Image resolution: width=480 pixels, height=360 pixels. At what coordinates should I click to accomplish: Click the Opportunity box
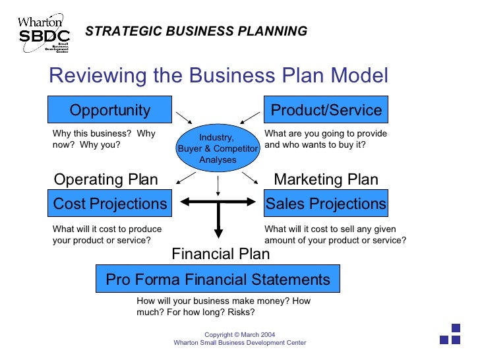110,110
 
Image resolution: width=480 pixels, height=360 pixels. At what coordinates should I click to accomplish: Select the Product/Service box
326,110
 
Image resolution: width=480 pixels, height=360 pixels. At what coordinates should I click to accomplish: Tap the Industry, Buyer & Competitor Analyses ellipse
217,148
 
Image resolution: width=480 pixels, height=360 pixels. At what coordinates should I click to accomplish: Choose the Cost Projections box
110,204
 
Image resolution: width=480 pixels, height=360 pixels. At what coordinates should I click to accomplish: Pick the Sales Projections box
326,204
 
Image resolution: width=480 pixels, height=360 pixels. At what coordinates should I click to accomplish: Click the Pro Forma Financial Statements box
218,280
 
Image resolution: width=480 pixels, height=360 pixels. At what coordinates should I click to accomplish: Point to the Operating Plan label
105,179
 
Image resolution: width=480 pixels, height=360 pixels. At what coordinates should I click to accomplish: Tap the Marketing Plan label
326,179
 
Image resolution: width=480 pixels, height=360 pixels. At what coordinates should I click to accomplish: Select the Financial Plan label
220,253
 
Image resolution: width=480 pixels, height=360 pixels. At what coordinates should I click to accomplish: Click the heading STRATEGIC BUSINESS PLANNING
196,31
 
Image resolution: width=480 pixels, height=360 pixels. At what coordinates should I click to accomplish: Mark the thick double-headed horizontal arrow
217,203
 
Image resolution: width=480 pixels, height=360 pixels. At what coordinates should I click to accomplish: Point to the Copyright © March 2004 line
239,335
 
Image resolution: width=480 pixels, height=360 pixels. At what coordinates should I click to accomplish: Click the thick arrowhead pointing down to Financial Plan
218,233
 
